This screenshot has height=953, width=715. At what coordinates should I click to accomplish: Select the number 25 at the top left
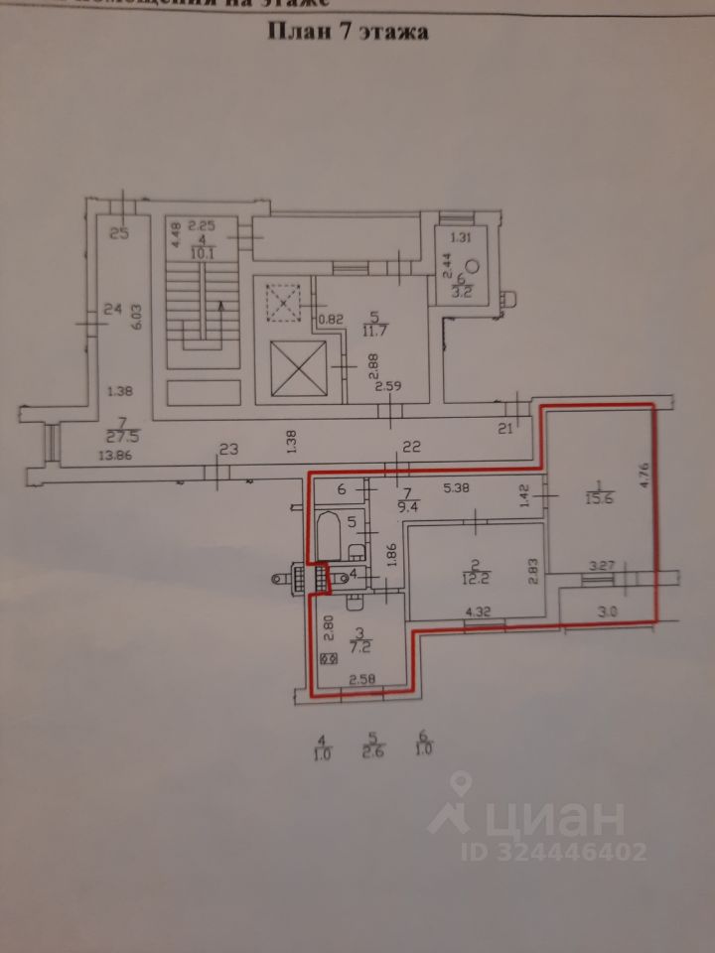pos(120,234)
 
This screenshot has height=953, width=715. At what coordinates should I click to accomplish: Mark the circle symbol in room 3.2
pos(473,265)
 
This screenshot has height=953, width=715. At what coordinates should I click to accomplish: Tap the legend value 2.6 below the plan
pos(373,751)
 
